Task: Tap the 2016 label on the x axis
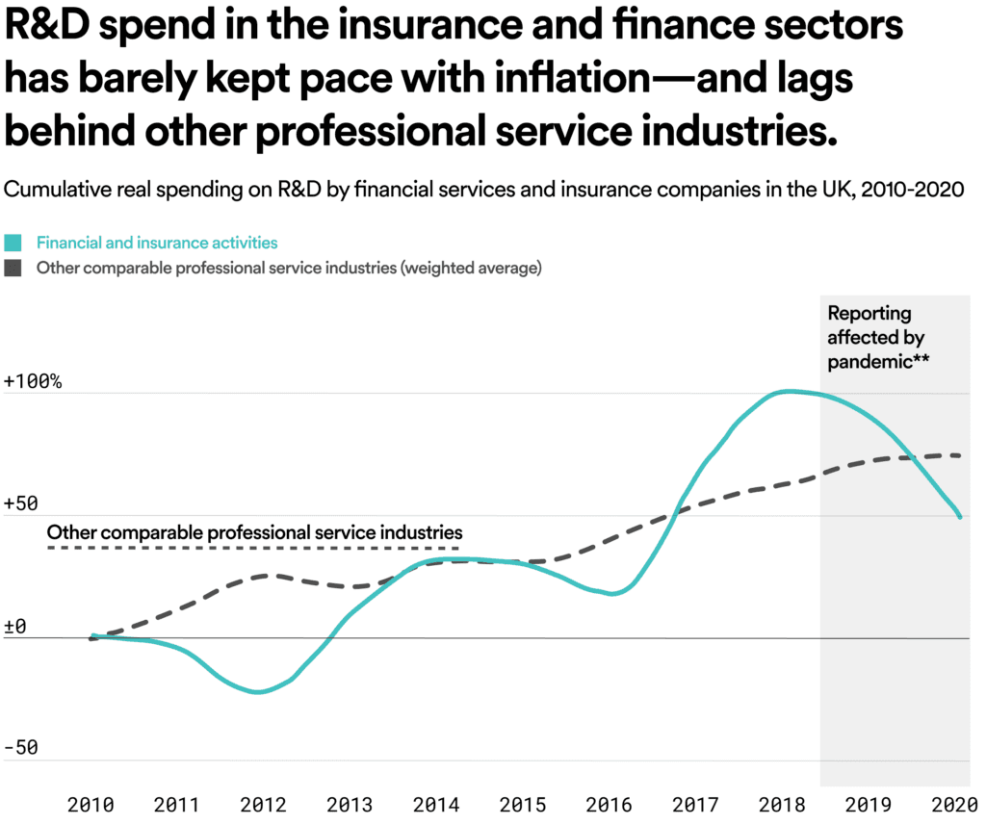tap(608, 806)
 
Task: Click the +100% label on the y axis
tap(34, 382)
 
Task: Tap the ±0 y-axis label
tap(16, 627)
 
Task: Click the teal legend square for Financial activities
tap(13, 244)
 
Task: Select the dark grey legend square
tap(13, 269)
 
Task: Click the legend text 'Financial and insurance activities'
tap(157, 244)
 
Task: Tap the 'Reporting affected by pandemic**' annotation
tap(876, 337)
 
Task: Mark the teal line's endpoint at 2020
tap(960, 517)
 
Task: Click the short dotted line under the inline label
tap(252, 549)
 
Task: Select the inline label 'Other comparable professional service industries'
tap(254, 531)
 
